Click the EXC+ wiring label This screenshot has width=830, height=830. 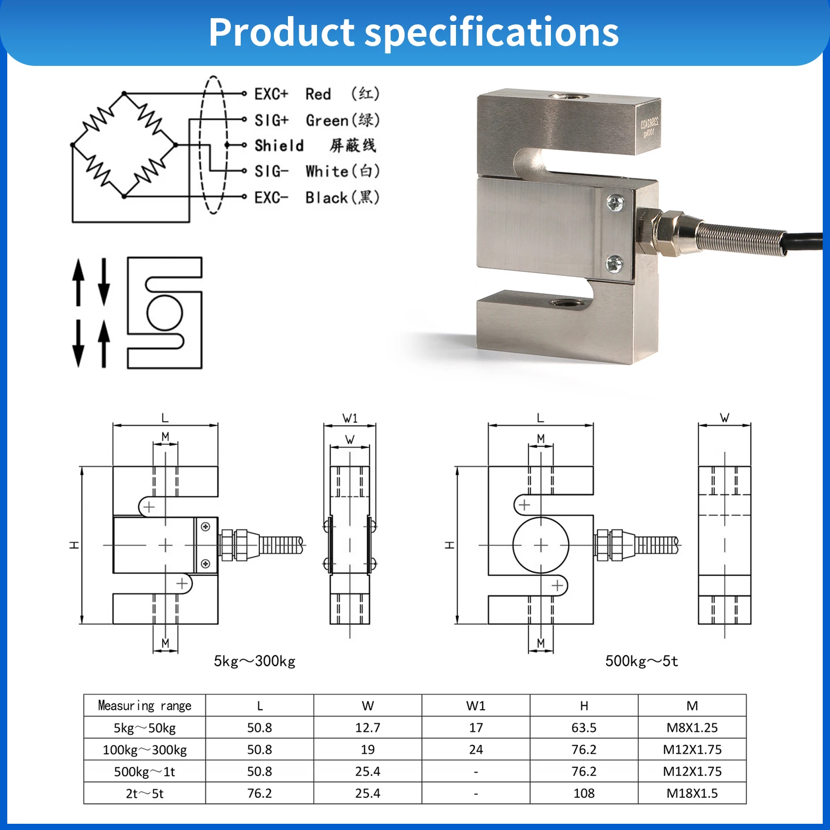271,94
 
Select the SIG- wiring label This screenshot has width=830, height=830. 271,171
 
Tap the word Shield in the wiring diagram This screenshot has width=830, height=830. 279,146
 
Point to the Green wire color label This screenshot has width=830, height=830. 327,120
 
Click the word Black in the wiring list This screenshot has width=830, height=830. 326,198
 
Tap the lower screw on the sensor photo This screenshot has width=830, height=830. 615,265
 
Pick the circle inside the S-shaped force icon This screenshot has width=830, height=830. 165,313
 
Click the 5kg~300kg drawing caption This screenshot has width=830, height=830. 254,661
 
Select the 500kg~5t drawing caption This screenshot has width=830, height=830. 641,661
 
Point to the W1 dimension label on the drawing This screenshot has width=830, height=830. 350,418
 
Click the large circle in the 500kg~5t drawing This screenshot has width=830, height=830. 541,545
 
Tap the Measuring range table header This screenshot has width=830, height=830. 145,706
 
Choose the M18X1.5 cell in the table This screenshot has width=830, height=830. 692,793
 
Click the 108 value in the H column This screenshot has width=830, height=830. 584,793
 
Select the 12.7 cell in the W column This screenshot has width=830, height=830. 367,728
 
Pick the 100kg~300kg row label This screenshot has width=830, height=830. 145,750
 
